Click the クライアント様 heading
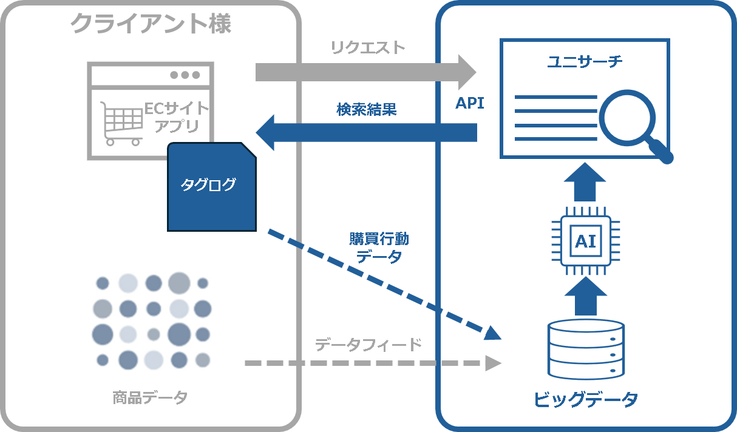151,24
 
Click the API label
470,103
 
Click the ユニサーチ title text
585,61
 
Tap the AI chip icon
585,241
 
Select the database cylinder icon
586,348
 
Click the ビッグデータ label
586,400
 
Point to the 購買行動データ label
379,248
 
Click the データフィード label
368,345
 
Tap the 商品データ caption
150,398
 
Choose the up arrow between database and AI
585,295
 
